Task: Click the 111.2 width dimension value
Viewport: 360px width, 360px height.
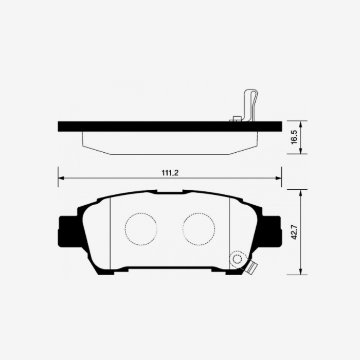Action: tap(170, 173)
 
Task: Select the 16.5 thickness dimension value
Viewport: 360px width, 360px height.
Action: tap(294, 137)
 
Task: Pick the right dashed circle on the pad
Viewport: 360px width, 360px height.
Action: tap(199, 228)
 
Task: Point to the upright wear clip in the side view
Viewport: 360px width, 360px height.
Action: tap(251, 105)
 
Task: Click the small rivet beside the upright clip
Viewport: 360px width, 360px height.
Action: tap(237, 119)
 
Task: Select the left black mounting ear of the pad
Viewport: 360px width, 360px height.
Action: tap(67, 230)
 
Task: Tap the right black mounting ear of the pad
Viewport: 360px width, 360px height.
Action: tap(272, 230)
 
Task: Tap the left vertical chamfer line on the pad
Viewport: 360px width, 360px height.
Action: tap(111, 231)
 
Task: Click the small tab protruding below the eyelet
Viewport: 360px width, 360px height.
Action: tap(251, 268)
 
